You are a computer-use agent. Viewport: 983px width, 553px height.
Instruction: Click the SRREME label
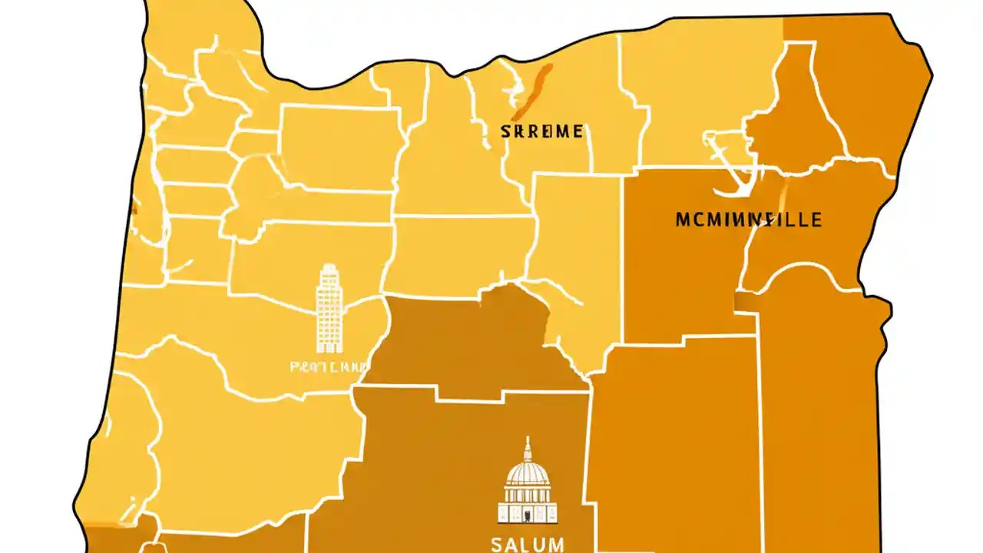coord(541,131)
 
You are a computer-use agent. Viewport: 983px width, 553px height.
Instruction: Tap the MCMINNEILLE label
coord(748,220)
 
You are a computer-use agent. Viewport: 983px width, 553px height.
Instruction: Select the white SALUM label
coord(527,545)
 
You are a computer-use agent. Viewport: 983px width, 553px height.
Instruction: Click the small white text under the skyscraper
coord(329,367)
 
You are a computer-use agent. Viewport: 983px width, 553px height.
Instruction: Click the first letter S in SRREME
coord(505,131)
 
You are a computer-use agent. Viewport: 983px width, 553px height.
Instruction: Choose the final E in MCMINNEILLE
coord(816,220)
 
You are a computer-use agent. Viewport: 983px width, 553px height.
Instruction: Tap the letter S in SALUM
coord(497,545)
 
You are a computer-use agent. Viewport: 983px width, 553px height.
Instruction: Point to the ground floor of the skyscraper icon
coord(329,346)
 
